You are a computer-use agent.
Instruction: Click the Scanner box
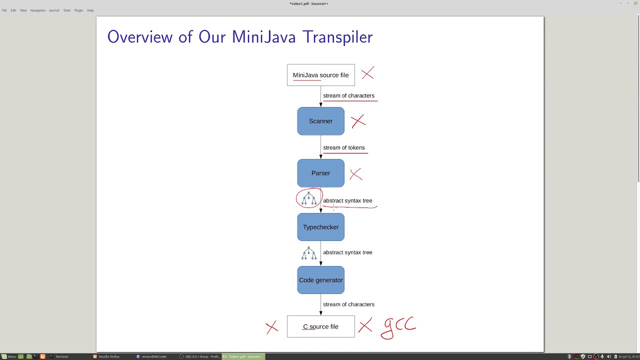point(320,121)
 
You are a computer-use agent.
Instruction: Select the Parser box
point(320,173)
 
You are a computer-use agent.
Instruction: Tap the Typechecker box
point(320,227)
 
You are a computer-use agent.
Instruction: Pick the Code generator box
point(320,280)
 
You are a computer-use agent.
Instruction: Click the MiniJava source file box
point(320,75)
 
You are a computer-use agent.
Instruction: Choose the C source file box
point(320,326)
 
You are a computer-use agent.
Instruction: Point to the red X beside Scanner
point(358,121)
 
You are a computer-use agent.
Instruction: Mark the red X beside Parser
point(355,174)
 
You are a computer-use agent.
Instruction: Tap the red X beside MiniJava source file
point(367,74)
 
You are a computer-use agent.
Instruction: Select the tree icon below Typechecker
point(309,253)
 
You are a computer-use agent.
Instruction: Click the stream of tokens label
point(343,147)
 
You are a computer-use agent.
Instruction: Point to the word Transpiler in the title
point(337,37)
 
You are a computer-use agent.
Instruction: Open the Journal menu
point(54,10)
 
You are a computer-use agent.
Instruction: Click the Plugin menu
point(78,10)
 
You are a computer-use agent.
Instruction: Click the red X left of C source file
point(271,327)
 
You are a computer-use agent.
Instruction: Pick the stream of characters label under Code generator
point(348,304)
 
